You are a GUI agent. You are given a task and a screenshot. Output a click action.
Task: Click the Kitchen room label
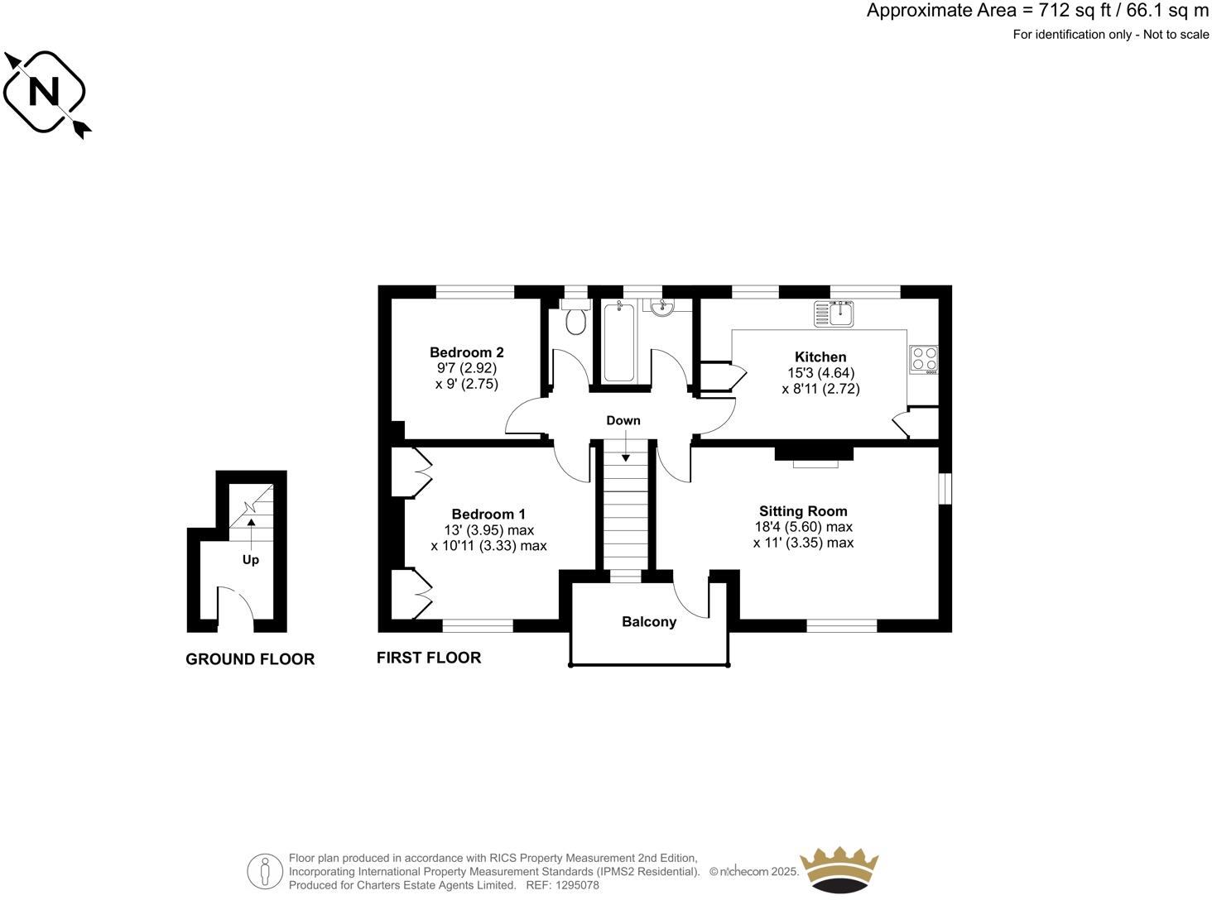(x=820, y=357)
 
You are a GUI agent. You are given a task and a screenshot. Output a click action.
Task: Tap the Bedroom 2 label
(x=466, y=352)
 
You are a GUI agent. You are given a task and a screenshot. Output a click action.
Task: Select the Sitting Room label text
(x=803, y=511)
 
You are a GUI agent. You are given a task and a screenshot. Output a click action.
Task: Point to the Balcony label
(x=649, y=622)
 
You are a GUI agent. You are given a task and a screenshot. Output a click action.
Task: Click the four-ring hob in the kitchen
(x=925, y=358)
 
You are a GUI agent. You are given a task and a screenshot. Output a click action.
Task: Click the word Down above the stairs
(x=623, y=420)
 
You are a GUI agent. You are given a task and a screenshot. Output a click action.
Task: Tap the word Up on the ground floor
(x=250, y=560)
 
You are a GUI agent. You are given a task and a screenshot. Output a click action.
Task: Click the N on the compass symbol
(x=43, y=92)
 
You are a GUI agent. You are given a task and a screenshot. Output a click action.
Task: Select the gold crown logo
(x=839, y=870)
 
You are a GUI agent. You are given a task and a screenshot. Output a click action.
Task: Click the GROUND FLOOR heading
(x=250, y=659)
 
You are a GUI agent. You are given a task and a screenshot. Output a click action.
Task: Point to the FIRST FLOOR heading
(x=428, y=658)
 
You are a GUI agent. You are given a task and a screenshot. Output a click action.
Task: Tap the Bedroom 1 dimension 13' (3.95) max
(x=488, y=530)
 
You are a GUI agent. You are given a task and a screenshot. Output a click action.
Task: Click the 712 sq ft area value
(x=1068, y=11)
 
